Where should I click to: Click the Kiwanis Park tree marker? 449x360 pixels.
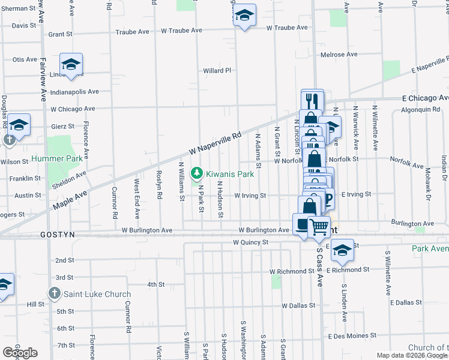tap(196, 174)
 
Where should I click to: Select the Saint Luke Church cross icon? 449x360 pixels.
tap(54, 294)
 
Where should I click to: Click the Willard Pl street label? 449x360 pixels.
tap(217, 70)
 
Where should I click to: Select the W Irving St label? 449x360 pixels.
tap(250, 195)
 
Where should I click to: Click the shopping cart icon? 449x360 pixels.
tap(319, 227)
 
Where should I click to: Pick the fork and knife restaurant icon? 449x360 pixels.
tap(312, 100)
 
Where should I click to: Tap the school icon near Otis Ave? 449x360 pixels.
tap(71, 65)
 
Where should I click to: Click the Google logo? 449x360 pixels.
tap(20, 353)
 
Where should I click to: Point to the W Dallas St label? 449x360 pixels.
tap(298, 305)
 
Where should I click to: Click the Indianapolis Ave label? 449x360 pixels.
tap(74, 92)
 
